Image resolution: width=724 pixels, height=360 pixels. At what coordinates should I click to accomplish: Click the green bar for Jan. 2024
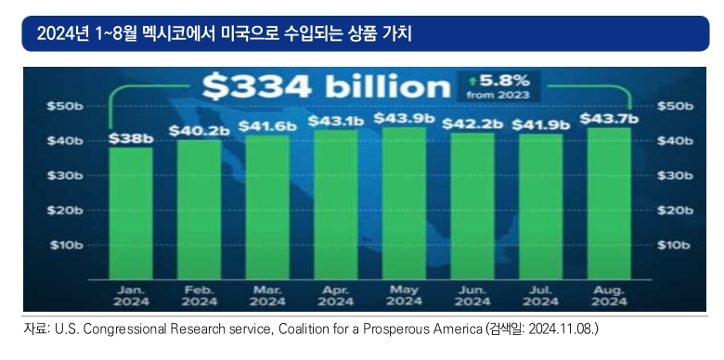coord(131,213)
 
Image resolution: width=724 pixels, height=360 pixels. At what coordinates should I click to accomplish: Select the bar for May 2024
coord(405,203)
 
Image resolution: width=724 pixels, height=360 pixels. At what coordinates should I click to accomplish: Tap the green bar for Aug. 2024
coord(609,203)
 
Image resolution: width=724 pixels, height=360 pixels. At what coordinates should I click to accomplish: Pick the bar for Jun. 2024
coord(472,206)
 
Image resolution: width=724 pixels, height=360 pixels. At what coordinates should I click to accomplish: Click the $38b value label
coord(131,138)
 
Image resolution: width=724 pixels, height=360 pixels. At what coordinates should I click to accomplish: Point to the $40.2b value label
coord(199,131)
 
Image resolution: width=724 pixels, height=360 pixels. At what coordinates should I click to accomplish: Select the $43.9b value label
coord(404,118)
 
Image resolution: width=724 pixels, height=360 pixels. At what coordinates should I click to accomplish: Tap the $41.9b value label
coord(541,124)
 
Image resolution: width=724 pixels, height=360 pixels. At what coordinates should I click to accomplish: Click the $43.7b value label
coord(609,119)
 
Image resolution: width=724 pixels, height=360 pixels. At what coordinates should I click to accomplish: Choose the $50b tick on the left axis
coord(65,106)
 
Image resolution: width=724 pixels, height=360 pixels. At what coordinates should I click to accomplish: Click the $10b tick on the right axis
coord(674,245)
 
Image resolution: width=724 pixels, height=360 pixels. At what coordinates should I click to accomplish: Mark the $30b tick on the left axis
coord(65,175)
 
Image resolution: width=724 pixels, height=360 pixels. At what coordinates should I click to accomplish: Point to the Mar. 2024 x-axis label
coord(267,296)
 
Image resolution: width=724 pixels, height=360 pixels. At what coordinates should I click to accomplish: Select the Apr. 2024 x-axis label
coord(336,296)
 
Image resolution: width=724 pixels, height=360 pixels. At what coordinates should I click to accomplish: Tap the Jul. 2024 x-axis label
coord(541,296)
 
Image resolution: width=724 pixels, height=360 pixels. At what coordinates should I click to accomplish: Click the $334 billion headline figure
coord(326,86)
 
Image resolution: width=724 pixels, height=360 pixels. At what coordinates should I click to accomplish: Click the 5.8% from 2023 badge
coord(498,86)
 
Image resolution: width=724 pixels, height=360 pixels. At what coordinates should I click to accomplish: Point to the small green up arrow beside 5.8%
coord(472,82)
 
